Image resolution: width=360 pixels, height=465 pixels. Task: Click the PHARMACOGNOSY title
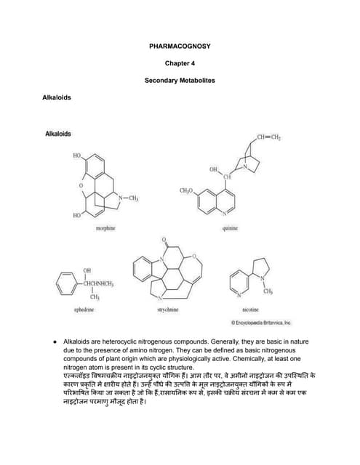pos(179,46)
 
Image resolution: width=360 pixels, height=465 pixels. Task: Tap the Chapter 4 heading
pos(180,63)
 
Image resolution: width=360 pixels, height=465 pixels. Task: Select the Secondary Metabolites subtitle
pos(180,80)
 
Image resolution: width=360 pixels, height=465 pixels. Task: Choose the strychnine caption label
pos(167,310)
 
